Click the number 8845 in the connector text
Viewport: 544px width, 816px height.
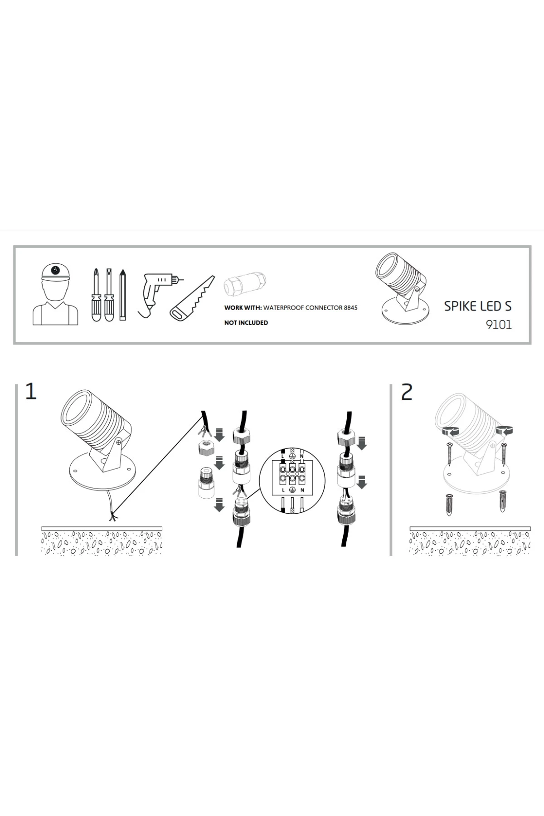(350, 308)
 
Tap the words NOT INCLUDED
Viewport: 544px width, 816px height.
(246, 323)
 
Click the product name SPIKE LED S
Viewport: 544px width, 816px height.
(478, 306)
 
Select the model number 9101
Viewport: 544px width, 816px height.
(499, 325)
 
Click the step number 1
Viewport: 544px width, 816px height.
(31, 391)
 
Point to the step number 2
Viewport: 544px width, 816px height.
(407, 392)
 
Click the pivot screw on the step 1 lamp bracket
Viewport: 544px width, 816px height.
(118, 441)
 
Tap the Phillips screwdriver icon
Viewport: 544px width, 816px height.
(96, 295)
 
